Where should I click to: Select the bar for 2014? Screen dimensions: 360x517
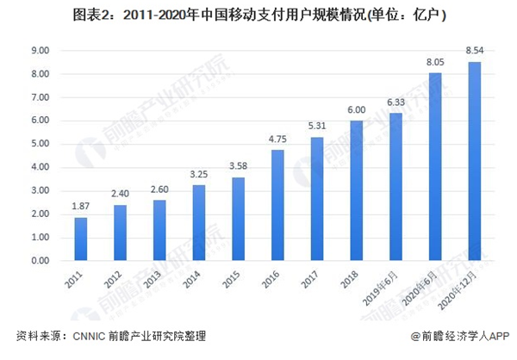click(x=199, y=222)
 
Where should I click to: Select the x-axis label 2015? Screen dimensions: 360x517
click(x=230, y=277)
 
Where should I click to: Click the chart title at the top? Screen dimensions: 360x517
click(x=258, y=15)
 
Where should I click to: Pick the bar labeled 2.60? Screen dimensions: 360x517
click(x=160, y=230)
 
